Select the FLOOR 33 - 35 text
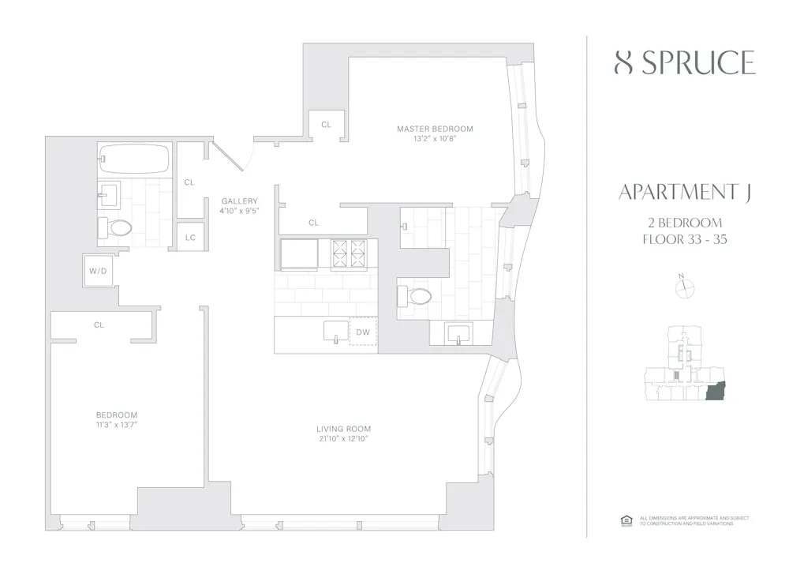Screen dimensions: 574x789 tap(684, 239)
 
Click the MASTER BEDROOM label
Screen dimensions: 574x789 tap(435, 129)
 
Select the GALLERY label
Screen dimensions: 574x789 tap(239, 201)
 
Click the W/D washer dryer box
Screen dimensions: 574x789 tap(98, 272)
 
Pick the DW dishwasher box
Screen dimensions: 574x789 tap(363, 332)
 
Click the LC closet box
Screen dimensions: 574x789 tap(189, 237)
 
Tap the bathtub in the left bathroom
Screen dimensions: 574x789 tap(135, 159)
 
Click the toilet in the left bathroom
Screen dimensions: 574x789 tap(115, 228)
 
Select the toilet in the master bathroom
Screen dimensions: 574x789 tap(416, 296)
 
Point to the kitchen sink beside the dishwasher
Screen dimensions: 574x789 tap(335, 332)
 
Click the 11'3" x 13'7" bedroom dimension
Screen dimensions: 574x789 tap(117, 425)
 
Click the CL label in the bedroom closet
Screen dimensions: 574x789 tap(99, 325)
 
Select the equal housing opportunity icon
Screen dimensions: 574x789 tap(627, 519)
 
